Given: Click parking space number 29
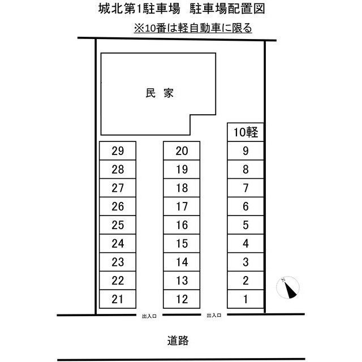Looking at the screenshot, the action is [118, 151].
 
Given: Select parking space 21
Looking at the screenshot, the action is [118, 299].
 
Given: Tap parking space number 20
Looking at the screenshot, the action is [182, 151].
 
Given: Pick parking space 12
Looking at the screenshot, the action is [182, 299].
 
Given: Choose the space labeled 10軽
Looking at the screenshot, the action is [245, 132].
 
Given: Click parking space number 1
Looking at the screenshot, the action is [245, 299].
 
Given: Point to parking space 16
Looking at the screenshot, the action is [182, 225].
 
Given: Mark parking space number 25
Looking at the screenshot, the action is [118, 225].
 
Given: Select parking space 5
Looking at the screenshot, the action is [245, 225].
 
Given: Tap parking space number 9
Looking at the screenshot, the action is [245, 151].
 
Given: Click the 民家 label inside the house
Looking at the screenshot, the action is [160, 93].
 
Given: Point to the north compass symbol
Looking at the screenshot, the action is [288, 288].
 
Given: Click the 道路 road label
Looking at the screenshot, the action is [178, 341].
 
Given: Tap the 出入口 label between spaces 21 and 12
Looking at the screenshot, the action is [149, 316].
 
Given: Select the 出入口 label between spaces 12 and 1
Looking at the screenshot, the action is [214, 316].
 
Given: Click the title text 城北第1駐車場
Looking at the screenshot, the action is [139, 9].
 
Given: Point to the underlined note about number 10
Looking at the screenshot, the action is [193, 28].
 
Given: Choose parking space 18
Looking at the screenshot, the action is [182, 188].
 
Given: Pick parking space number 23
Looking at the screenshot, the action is [118, 262].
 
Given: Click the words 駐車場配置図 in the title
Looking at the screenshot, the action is [227, 9].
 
